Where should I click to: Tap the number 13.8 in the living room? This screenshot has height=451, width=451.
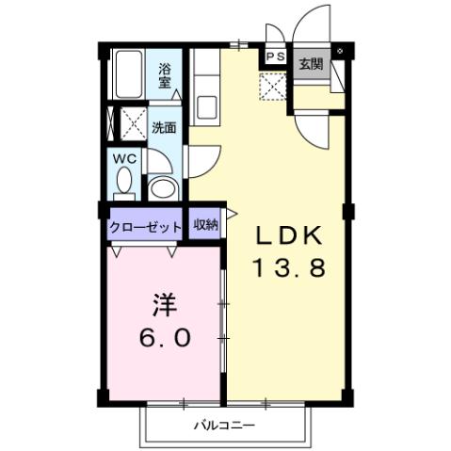point(288,267)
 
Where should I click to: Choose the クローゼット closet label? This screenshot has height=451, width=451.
point(144,226)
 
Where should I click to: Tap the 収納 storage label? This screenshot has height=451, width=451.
point(205,224)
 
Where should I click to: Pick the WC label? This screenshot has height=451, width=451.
point(126,159)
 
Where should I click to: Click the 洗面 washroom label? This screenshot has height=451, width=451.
point(164,127)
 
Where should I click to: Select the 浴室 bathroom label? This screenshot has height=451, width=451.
point(165,74)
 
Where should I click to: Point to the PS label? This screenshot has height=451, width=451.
point(274,57)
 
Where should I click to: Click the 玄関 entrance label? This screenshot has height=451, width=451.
point(311,64)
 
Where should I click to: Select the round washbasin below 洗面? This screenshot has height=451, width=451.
point(164,185)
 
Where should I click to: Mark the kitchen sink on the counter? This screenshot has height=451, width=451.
point(205,103)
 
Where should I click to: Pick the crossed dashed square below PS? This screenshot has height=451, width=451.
point(274,87)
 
